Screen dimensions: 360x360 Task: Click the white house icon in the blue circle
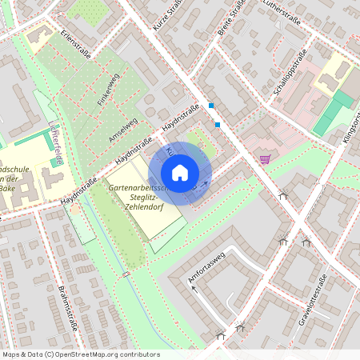(x=180, y=173)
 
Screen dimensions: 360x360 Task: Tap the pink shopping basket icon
(x=265, y=158)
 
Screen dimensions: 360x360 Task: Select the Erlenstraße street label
(x=74, y=45)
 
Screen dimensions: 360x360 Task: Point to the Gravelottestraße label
(x=314, y=296)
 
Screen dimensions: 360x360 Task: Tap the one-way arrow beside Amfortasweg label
(x=193, y=289)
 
